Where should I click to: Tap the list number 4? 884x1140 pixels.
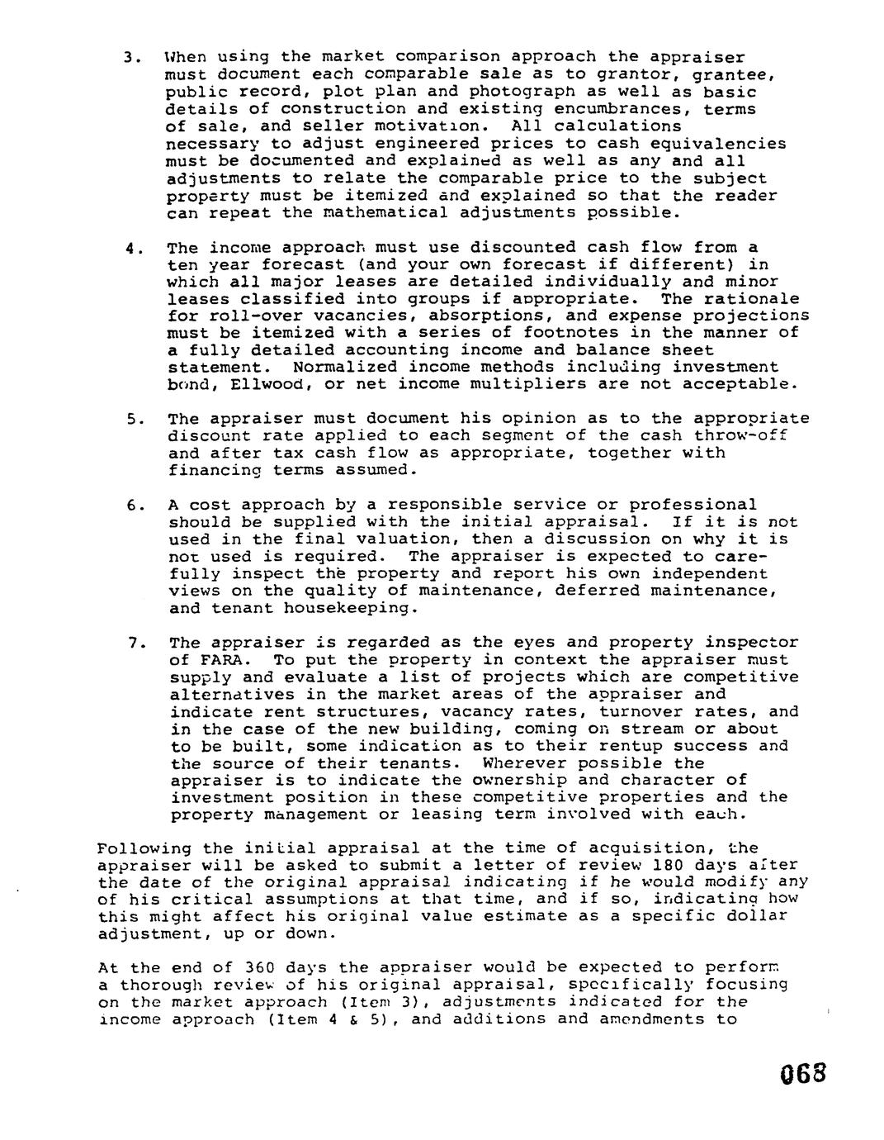pyautogui.click(x=130, y=247)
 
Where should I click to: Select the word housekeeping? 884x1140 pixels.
pyautogui.click(x=346, y=608)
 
